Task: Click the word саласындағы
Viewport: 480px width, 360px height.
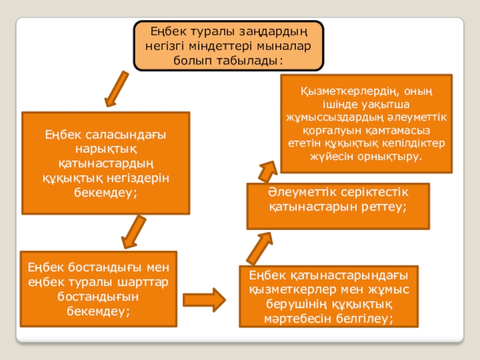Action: [128, 135]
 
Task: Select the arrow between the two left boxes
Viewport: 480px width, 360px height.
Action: [133, 232]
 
